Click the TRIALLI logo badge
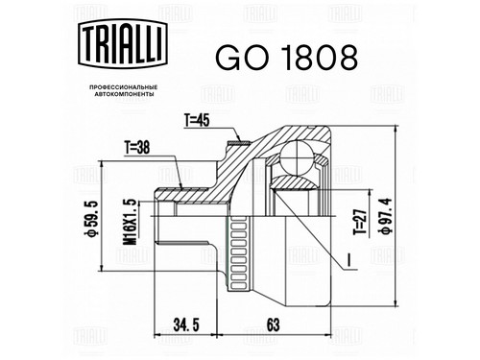pyautogui.click(x=123, y=44)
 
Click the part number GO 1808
pyautogui.click(x=286, y=58)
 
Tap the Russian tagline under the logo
pyautogui.click(x=123, y=91)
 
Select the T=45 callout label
pyautogui.click(x=197, y=121)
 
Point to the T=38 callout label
pyautogui.click(x=137, y=148)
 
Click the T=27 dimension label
pyautogui.click(x=359, y=223)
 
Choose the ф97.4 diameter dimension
pyautogui.click(x=387, y=216)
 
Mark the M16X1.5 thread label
pyautogui.click(x=131, y=222)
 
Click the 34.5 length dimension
pyautogui.click(x=186, y=325)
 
